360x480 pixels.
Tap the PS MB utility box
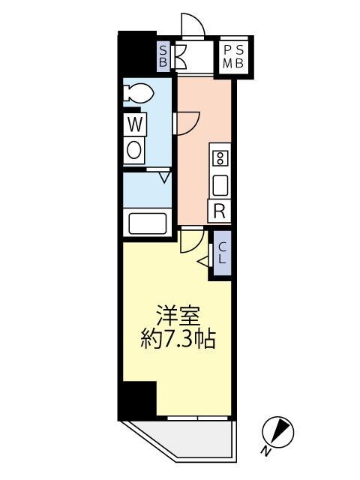click(x=234, y=57)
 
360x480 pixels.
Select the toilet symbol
click(x=139, y=93)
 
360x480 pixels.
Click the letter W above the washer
click(x=135, y=123)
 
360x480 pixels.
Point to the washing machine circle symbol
click(x=135, y=149)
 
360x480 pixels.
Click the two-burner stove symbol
click(x=220, y=157)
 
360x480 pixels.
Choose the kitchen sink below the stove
click(x=220, y=184)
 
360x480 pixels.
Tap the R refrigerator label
click(x=220, y=211)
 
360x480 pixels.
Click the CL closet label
click(x=223, y=253)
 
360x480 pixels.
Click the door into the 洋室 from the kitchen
click(x=192, y=240)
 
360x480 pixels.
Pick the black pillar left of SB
click(x=137, y=52)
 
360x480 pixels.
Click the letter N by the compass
click(x=266, y=451)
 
